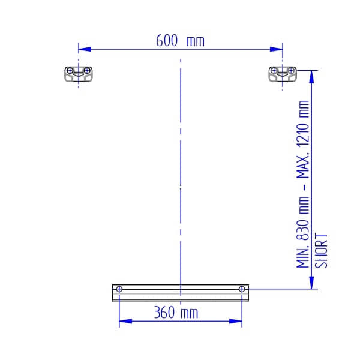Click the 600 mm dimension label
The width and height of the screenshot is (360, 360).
(180, 41)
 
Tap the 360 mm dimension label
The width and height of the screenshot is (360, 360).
(176, 313)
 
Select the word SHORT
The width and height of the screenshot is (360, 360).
(321, 251)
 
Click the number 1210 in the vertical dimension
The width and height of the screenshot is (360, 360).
(303, 135)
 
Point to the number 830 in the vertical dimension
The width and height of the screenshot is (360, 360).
(303, 230)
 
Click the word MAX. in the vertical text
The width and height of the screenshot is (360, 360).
(303, 167)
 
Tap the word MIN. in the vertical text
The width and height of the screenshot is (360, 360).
(303, 256)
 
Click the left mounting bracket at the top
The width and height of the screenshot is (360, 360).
(79, 74)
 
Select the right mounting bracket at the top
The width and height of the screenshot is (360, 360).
(283, 74)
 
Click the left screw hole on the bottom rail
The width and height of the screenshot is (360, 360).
(119, 289)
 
